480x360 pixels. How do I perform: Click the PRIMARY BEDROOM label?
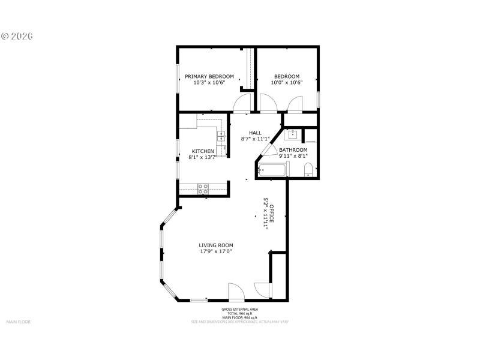tap(209, 77)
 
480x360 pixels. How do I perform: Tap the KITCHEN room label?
tap(203, 151)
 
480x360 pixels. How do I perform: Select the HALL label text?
tap(255, 133)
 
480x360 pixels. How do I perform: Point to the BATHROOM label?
tap(293, 150)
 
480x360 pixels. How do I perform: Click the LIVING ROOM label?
tap(216, 245)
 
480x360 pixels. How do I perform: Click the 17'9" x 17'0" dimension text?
tap(216, 252)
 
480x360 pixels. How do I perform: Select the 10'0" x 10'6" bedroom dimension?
tap(287, 83)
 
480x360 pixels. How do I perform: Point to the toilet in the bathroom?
tap(307, 173)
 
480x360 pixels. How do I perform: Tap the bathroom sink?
tap(294, 136)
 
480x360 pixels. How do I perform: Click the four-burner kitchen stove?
tap(203, 188)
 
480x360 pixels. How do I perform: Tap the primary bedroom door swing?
tap(243, 104)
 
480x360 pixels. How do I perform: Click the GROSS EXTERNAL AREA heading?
tap(239, 310)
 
